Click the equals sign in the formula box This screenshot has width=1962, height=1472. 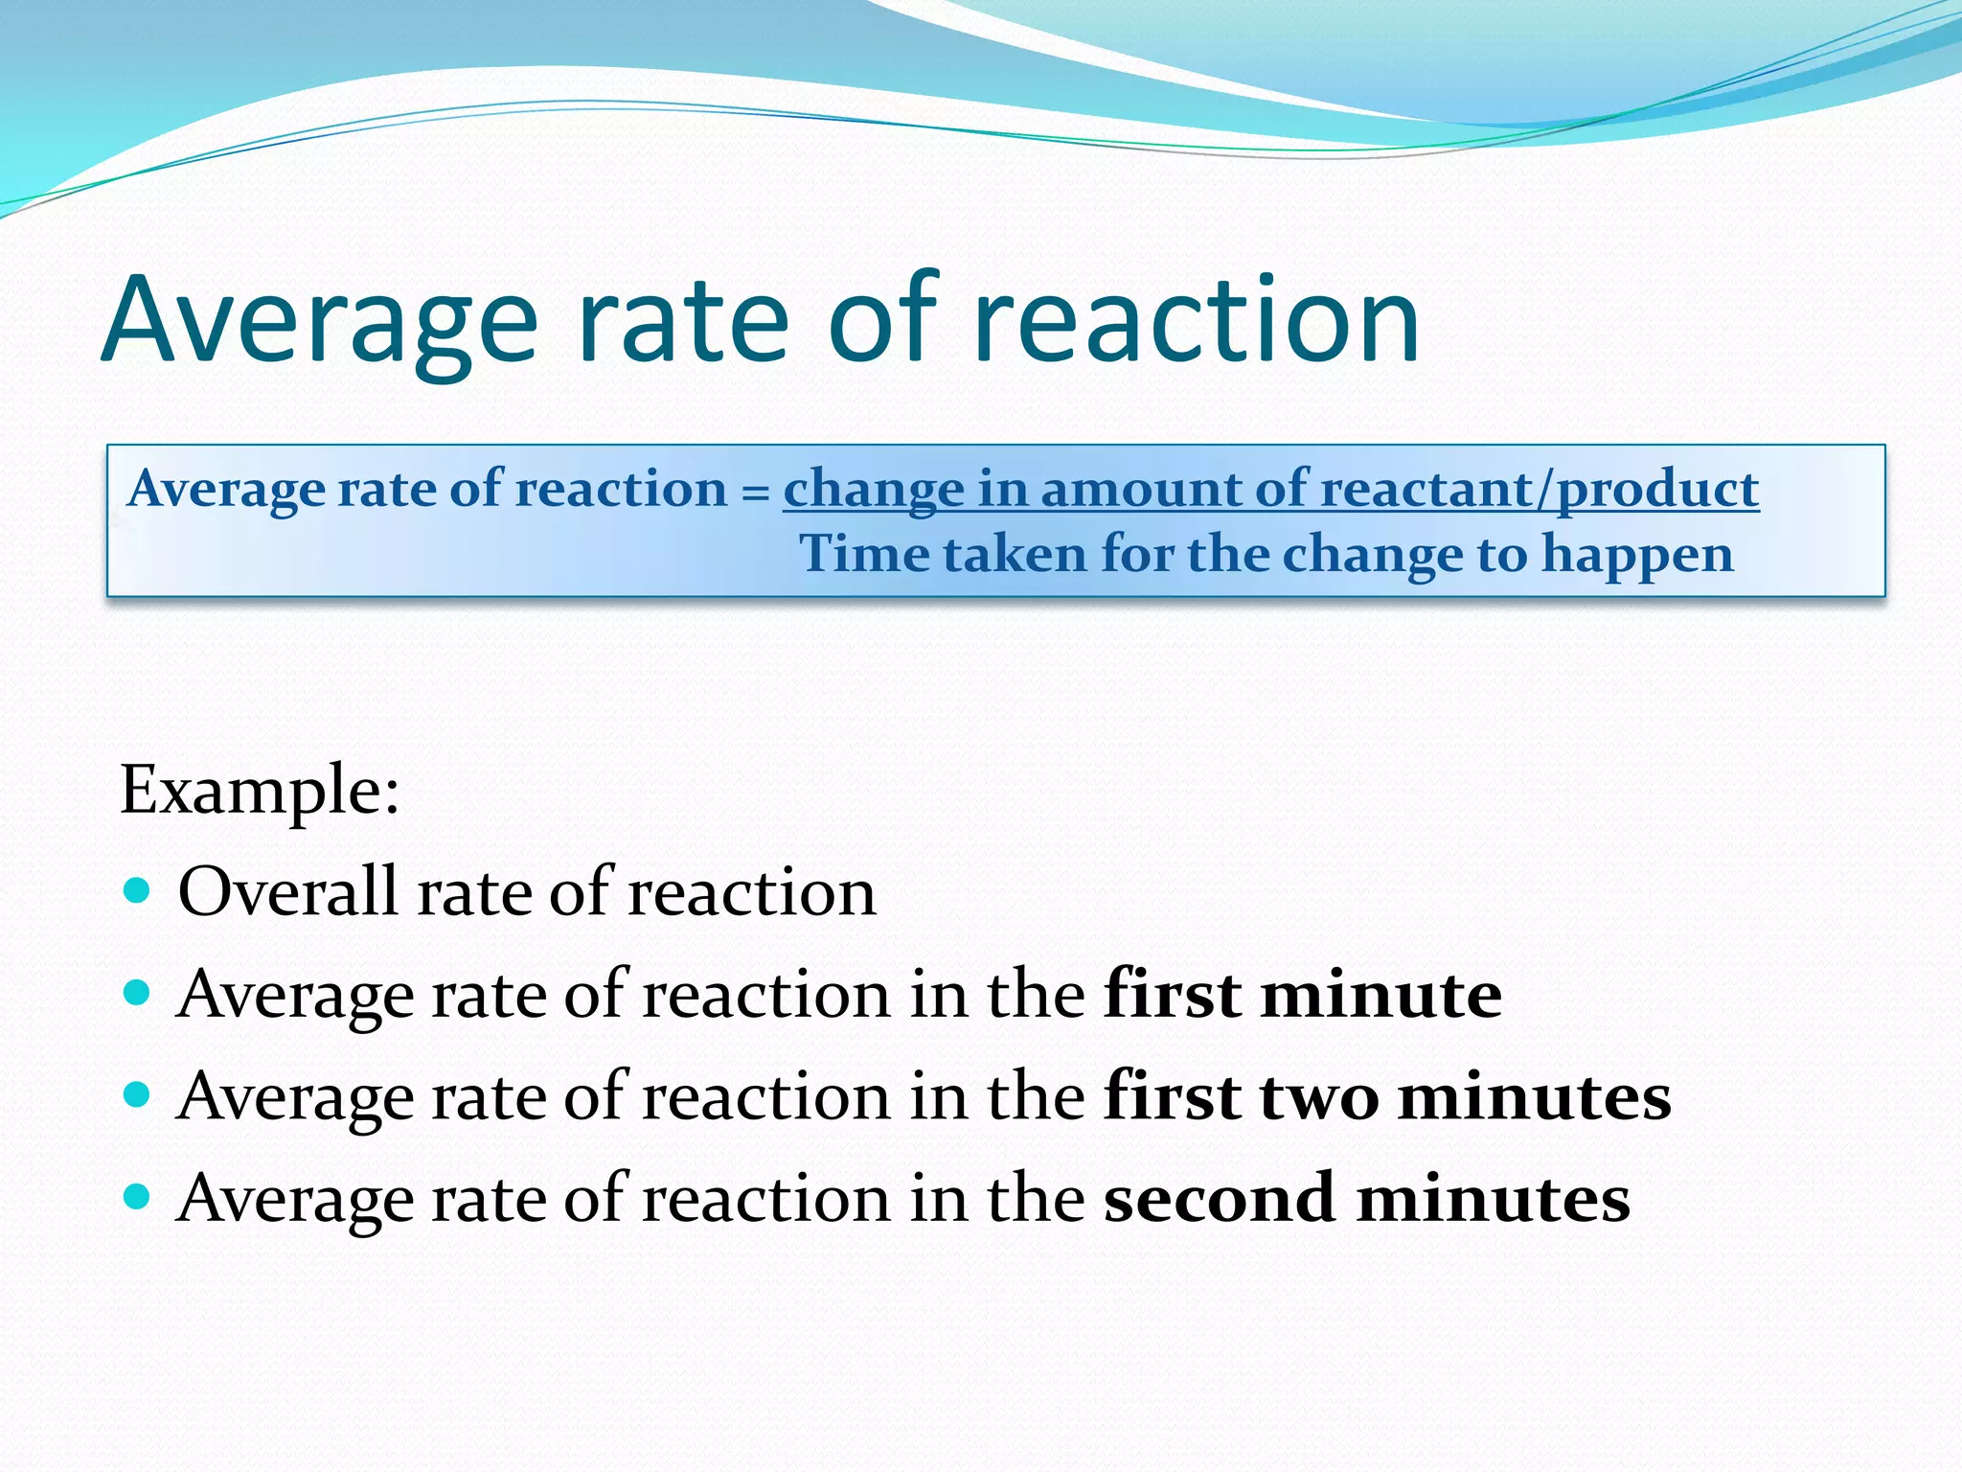tap(756, 492)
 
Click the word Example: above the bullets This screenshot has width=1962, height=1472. tap(260, 791)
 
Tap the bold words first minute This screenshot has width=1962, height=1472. tap(1303, 994)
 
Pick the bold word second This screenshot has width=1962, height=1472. tap(1219, 1198)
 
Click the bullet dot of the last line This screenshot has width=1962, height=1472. tap(138, 1197)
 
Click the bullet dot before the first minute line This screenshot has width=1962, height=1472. tap(138, 992)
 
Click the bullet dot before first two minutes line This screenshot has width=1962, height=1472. tap(138, 1094)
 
